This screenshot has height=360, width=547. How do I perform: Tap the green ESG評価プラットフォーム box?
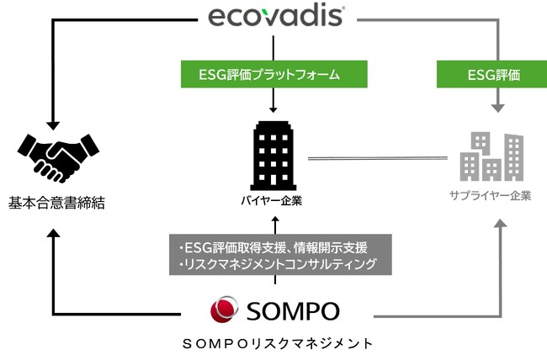coord(273,75)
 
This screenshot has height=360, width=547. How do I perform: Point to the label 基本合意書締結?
coord(56,203)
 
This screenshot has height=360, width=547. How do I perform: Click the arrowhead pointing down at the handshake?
coord(53,122)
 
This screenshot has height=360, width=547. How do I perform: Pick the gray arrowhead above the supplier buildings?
coord(498,109)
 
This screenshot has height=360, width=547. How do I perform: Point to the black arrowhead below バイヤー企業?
coord(274,220)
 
